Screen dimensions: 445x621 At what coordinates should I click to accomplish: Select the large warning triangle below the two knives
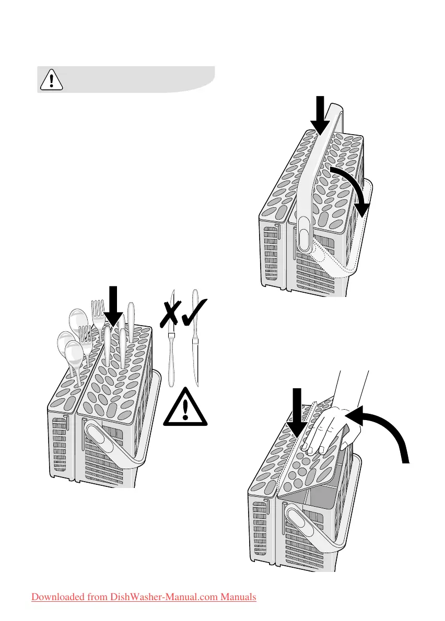point(185,408)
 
